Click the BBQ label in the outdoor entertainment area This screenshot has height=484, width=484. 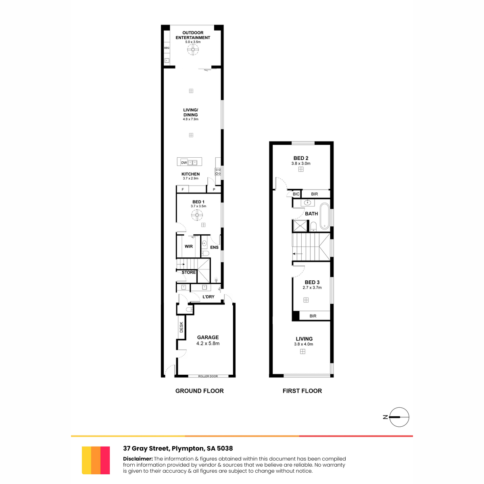coord(167,48)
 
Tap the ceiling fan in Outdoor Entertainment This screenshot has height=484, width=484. coord(193,50)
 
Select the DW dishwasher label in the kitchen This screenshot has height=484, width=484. coord(184,163)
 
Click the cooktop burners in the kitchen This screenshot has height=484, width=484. coord(218,171)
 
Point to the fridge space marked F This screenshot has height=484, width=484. coord(183,190)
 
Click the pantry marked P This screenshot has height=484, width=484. coord(214,190)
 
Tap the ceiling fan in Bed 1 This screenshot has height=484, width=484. coord(197,215)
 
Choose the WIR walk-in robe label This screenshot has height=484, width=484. coord(189,246)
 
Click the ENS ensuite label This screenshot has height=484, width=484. coord(214,247)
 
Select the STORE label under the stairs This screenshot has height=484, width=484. coord(189,272)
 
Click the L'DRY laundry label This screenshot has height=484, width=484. coord(209,296)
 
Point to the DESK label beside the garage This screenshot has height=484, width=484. coord(181,327)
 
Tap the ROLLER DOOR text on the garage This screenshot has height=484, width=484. coord(208,376)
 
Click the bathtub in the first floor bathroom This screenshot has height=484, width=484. coord(325,216)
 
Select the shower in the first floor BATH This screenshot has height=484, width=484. coord(300,225)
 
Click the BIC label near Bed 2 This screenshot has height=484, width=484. coord(296,194)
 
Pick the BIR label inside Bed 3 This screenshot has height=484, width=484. coord(313,316)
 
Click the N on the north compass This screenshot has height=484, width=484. coord(385,417)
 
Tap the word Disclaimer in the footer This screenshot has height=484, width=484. coord(138,459)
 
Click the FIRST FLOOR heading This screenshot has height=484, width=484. coord(302,391)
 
